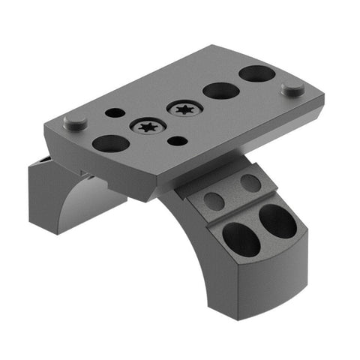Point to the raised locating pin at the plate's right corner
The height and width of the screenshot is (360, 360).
pyautogui.click(x=292, y=88)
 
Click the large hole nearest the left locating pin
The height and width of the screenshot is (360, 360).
pyautogui.click(x=109, y=142)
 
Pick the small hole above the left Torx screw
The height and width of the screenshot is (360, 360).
pyautogui.click(x=115, y=112)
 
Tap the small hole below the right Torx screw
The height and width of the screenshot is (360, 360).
pyautogui.click(x=176, y=140)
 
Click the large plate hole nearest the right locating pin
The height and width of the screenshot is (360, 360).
pyautogui.click(x=257, y=74)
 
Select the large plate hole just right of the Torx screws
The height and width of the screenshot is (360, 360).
pyautogui.click(x=221, y=91)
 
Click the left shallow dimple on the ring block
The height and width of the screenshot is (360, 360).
pyautogui.click(x=214, y=200)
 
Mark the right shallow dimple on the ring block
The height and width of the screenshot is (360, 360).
pyautogui.click(x=250, y=181)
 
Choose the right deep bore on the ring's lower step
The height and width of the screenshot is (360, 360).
pyautogui.click(x=277, y=220)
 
